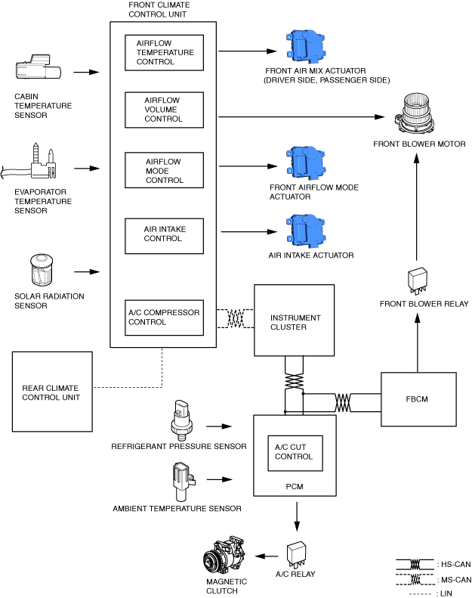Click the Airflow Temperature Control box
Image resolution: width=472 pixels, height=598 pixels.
(164, 53)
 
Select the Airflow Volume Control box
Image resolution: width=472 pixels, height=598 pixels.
(164, 110)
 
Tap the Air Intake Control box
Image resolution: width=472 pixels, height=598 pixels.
(164, 236)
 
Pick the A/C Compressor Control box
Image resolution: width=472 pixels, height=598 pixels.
(164, 318)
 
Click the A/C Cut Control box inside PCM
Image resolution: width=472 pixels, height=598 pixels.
(295, 453)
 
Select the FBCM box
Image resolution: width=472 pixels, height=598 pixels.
(418, 399)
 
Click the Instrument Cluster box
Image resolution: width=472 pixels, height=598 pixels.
(295, 321)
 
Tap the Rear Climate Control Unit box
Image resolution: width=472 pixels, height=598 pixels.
(52, 392)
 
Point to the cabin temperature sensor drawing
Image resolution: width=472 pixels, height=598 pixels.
(38, 67)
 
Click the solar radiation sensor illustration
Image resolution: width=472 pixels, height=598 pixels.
(42, 269)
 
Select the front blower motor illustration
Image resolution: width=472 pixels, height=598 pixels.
(415, 113)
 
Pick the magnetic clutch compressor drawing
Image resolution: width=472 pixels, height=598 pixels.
(224, 555)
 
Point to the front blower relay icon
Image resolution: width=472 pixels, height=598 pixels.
(418, 280)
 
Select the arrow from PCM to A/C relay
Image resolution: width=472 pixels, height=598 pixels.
(297, 517)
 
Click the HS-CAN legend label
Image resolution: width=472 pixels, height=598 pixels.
(456, 564)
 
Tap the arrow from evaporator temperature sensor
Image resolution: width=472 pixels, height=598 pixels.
(87, 168)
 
